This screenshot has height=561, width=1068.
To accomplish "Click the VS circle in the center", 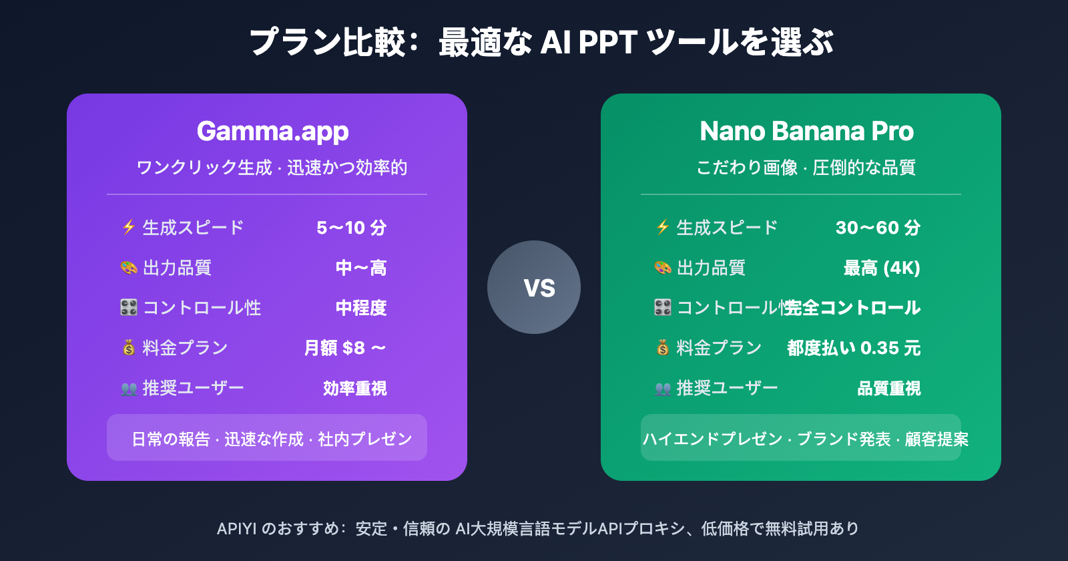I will click(534, 287).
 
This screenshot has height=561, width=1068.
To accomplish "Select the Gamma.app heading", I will click(272, 132).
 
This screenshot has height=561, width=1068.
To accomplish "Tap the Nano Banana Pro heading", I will click(806, 132).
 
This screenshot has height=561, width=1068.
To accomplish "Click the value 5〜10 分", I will click(352, 228).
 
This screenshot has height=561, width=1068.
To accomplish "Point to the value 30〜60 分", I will click(878, 228).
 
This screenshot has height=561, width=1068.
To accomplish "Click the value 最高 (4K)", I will click(882, 268).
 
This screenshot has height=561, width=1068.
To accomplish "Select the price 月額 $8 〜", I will click(345, 348).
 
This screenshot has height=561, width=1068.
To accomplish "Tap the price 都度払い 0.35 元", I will click(854, 348).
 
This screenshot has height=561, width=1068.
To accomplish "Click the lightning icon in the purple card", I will click(129, 227).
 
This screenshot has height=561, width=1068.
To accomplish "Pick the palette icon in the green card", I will click(663, 268).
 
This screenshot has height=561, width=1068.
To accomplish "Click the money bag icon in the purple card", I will click(129, 347).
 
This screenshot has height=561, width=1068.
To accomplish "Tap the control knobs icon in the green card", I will click(663, 307).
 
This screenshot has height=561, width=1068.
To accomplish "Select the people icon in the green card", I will click(663, 389).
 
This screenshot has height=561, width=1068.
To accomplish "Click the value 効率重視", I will click(354, 388).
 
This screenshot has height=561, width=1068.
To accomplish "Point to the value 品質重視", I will click(888, 388).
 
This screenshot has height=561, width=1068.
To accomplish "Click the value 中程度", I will click(361, 308).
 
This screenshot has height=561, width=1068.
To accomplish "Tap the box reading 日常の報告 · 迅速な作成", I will click(267, 438).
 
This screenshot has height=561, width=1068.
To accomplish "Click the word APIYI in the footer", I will click(236, 529).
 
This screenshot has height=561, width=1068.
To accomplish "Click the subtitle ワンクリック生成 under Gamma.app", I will click(204, 168).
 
